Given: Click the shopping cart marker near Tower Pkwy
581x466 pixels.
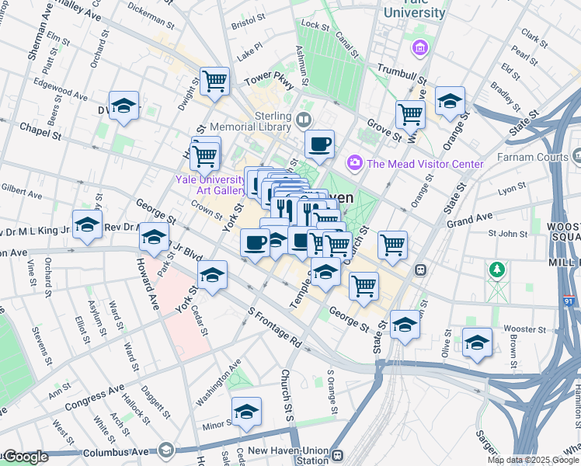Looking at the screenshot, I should pyautogui.click(x=214, y=80).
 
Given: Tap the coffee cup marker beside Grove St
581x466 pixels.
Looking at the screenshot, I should pyautogui.click(x=319, y=144).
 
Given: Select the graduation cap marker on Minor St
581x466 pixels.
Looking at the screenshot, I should pyautogui.click(x=246, y=412).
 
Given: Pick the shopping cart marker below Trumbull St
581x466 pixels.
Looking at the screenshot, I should pyautogui.click(x=410, y=115).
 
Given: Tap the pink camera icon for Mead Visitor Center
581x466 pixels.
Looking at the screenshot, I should pyautogui.click(x=355, y=162).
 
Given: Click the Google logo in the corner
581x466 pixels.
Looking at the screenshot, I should pyautogui.click(x=25, y=457).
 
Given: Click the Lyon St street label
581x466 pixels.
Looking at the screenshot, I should pyautogui.click(x=511, y=189).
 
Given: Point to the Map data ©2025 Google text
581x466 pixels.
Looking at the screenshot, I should pyautogui.click(x=533, y=460).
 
